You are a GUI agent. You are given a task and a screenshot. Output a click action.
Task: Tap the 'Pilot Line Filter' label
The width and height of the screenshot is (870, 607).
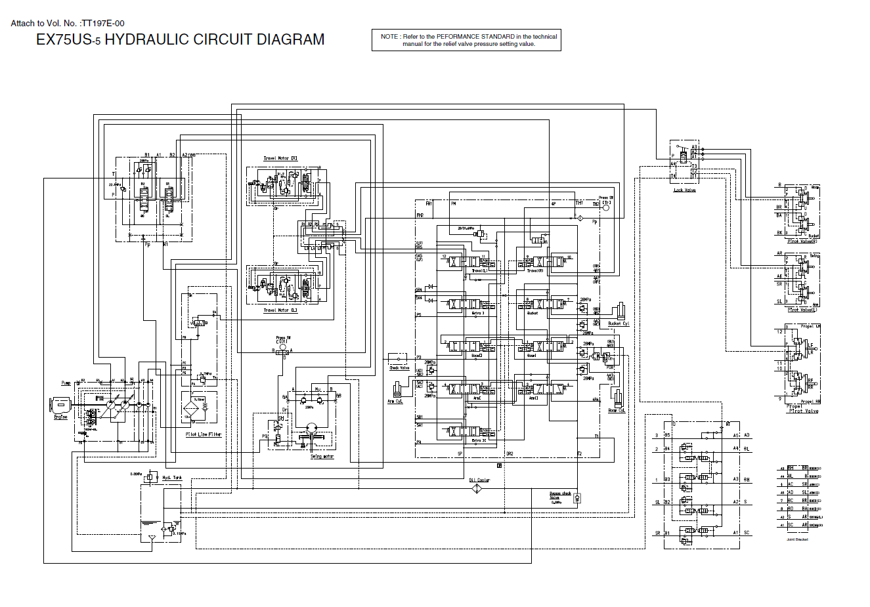204,434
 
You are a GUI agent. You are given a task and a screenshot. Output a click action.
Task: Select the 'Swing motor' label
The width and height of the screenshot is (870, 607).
322,457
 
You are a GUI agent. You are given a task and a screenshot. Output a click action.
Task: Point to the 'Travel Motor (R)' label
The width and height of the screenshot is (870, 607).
280,158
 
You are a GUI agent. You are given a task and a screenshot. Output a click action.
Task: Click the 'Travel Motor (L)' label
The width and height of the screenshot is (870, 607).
280,310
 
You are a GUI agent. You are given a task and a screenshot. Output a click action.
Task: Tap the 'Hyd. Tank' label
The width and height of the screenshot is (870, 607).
172,478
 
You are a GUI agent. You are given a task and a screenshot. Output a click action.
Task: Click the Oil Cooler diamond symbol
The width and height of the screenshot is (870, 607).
477,489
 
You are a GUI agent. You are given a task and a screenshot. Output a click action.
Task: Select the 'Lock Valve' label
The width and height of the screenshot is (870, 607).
685,190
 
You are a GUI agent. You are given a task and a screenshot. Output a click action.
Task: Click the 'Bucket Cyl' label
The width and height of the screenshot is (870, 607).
619,324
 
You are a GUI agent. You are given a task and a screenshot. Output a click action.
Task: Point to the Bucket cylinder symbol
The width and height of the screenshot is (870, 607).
620,312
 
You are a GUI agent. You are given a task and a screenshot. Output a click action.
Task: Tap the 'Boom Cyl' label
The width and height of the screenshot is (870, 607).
617,411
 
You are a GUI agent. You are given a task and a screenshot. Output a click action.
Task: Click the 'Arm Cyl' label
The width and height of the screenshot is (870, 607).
395,402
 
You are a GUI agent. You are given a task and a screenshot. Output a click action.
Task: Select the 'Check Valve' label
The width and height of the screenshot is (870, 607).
399,368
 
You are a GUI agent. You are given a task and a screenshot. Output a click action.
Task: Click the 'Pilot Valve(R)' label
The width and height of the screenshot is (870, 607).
802,241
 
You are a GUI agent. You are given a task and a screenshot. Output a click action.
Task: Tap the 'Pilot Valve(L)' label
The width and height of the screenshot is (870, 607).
802,310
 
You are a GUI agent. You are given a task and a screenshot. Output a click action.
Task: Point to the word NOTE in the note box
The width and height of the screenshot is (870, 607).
389,37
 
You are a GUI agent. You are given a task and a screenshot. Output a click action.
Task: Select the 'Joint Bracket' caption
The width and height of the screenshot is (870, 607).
797,539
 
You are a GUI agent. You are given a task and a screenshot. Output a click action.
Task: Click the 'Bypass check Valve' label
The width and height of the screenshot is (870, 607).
559,495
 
